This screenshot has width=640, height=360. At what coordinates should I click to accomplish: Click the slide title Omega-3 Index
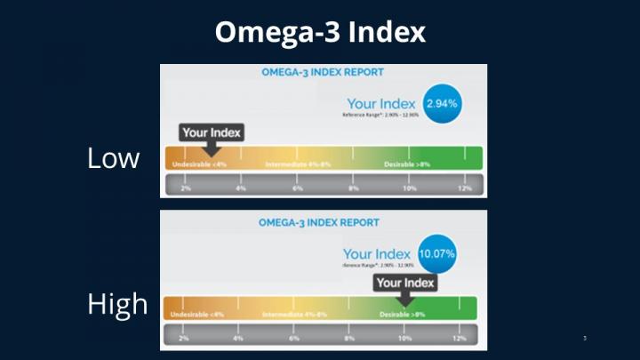[x=320, y=33]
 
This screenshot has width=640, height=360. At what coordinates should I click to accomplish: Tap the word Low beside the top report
[x=113, y=158]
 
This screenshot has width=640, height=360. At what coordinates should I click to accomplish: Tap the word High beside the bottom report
[x=116, y=304]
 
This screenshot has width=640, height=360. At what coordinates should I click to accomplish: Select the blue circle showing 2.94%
[x=442, y=103]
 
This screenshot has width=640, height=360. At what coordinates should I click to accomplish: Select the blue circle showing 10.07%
[x=436, y=253]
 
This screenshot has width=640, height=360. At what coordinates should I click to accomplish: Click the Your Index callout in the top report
[x=210, y=133]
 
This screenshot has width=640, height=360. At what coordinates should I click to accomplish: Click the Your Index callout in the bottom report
[x=405, y=284]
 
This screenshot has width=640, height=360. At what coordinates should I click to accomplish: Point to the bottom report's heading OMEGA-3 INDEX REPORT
[x=319, y=222]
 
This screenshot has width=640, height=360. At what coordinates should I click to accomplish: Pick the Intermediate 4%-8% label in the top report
[x=299, y=164]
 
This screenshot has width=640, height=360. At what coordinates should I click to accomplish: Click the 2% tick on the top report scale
[x=185, y=188]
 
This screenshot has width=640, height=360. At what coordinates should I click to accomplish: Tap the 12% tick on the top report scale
[x=464, y=188]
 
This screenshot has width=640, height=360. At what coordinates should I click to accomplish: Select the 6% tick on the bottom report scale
[x=294, y=339]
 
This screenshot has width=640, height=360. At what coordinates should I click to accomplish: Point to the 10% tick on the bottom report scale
[x=404, y=339]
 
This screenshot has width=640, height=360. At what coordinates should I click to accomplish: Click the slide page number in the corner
[x=585, y=338]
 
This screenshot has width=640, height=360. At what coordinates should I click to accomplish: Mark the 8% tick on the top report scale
[x=353, y=188]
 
